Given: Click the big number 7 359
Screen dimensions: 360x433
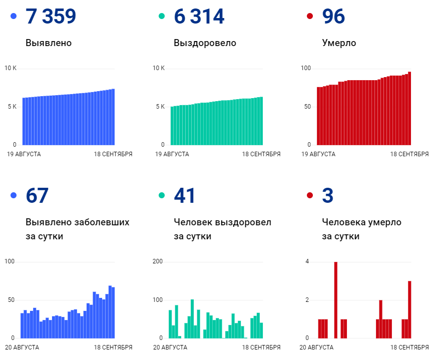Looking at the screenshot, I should (51, 17).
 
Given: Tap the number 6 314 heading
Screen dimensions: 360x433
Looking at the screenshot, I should (199, 17).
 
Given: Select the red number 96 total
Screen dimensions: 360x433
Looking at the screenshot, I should (333, 17).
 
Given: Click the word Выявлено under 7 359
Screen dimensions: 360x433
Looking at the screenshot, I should (49, 43).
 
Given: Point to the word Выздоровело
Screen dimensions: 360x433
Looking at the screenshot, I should (205, 43).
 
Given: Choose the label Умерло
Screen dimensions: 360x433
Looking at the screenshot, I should (339, 43).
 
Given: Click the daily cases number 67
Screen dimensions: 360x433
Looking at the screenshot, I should (37, 195).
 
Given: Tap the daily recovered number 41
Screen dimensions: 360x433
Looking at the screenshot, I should (185, 195).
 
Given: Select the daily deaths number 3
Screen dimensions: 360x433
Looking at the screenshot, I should (327, 195).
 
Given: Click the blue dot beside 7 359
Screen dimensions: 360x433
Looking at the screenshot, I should (14, 17).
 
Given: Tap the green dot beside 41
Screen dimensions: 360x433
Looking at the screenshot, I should (162, 195).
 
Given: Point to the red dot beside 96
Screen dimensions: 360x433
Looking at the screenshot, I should (310, 17).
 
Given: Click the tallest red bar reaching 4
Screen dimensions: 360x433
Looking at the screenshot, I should (335, 299).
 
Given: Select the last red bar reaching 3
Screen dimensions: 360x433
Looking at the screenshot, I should (409, 309).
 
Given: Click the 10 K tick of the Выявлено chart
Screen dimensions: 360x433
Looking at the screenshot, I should (11, 68).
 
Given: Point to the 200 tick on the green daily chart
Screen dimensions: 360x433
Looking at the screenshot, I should (158, 262).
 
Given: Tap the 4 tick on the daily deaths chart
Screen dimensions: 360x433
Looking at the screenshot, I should (307, 262).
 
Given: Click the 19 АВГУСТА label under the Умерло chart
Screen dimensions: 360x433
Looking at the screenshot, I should (318, 154).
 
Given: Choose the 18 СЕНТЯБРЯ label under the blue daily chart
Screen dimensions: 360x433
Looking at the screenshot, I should (113, 347).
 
